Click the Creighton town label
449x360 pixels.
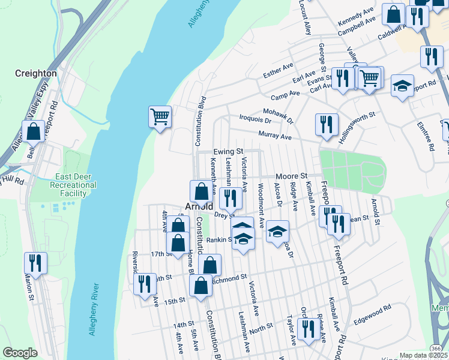tap(36, 73)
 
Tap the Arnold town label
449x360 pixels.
tap(199, 206)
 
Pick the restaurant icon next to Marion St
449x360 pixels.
tap(35, 263)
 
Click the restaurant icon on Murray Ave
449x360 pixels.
tap(326, 124)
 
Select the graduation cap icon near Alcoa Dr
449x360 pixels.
tap(277, 232)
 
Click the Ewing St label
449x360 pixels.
tap(228, 152)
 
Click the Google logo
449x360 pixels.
tap(20, 353)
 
